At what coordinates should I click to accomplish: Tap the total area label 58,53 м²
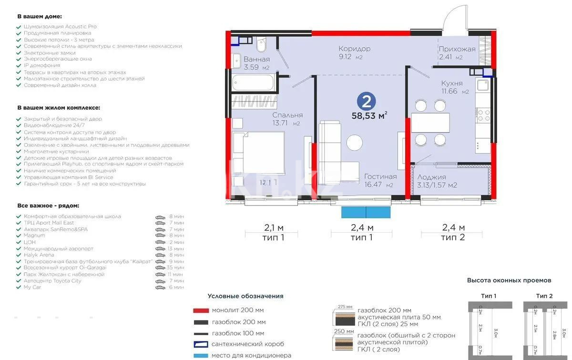coord(369,115)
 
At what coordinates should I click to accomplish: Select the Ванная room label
coord(256,60)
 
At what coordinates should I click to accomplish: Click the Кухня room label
coord(451,83)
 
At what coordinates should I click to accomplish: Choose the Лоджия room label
coord(431,177)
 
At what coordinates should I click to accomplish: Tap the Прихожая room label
coord(457,49)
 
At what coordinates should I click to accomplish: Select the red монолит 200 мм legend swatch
coord(201,309)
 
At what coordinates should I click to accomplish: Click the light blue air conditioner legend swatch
coord(201,355)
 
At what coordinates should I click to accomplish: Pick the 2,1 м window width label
coord(274,228)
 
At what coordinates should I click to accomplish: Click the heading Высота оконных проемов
coord(509,280)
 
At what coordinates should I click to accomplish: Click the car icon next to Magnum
coord(160,236)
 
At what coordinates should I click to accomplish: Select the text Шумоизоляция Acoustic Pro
coord(60,27)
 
